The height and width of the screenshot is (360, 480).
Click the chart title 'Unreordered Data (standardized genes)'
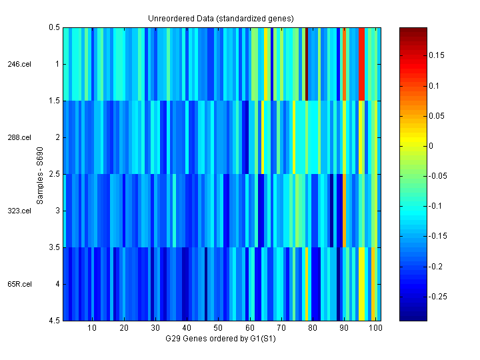221,18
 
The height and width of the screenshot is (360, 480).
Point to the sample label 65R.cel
19,284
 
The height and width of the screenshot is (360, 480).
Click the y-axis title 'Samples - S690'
41,175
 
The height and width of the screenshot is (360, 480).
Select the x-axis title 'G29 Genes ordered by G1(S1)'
221,339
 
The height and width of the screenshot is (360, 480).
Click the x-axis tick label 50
218,329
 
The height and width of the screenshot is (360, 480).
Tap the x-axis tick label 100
375,329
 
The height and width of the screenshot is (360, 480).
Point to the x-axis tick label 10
92,329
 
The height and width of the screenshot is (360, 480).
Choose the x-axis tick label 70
281,329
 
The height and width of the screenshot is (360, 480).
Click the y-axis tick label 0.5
54,28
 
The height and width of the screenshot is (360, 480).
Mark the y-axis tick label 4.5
54,321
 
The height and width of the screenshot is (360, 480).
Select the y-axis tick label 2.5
54,174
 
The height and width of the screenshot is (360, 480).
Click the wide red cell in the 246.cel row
362,64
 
